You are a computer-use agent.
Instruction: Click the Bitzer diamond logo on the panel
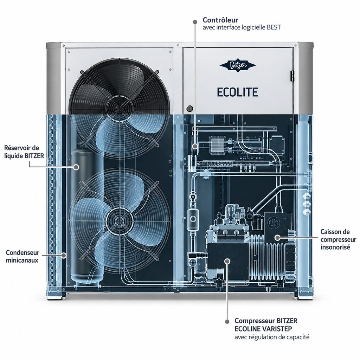tap(238, 66)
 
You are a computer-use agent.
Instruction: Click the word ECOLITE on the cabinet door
tap(237, 92)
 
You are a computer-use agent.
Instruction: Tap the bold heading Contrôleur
tap(220, 20)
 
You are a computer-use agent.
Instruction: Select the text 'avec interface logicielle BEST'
tap(242, 27)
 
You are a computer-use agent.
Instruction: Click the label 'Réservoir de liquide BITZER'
tap(24, 152)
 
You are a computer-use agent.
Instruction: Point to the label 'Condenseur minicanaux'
tap(22, 256)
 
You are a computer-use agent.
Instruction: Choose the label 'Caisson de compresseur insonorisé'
tap(339, 239)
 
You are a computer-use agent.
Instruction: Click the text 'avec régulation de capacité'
tap(272, 337)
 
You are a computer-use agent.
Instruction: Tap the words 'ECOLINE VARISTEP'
tap(263, 329)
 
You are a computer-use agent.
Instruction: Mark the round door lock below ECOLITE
tap(189, 108)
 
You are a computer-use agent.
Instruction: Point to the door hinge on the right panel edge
tap(292, 76)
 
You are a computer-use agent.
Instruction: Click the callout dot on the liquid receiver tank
tap(76, 167)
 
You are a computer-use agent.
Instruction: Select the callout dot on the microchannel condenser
tap(65, 255)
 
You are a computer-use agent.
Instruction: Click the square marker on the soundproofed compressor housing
tap(277, 237)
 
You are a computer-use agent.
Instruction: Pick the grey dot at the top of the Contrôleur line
tap(195, 22)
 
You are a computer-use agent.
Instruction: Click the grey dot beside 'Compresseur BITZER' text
tap(227, 321)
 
